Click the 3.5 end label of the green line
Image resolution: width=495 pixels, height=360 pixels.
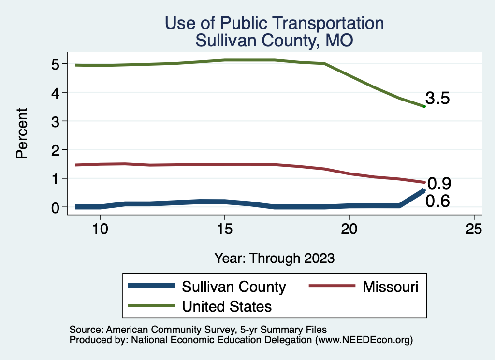[437, 99]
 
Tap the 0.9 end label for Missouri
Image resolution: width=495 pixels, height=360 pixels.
[439, 184]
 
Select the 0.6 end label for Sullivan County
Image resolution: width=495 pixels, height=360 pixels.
[437, 201]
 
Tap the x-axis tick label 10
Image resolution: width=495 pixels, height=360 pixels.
[100, 229]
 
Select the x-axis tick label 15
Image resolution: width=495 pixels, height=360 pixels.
[225, 229]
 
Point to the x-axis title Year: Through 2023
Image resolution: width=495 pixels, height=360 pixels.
[274, 258]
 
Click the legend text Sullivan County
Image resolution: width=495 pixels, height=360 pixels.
[233, 287]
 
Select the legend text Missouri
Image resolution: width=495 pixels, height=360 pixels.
[390, 287]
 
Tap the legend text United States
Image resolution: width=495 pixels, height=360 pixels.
[226, 306]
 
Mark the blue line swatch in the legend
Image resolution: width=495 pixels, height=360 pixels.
[151, 286]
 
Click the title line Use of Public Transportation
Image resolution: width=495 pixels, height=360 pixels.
[274, 23]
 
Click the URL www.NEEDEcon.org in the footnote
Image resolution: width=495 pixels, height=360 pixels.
[364, 340]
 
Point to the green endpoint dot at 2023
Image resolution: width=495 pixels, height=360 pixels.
[424, 106]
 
